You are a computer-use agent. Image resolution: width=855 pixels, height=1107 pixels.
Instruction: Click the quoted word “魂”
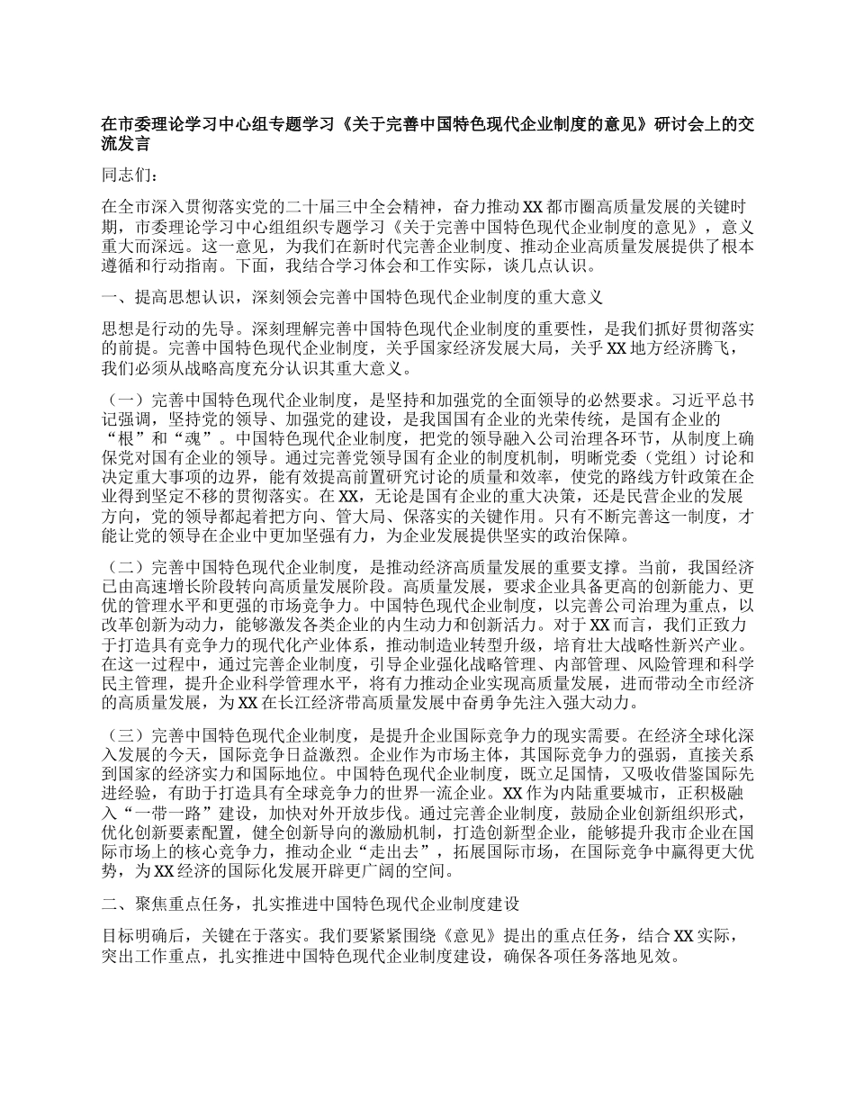[x=200, y=438]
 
